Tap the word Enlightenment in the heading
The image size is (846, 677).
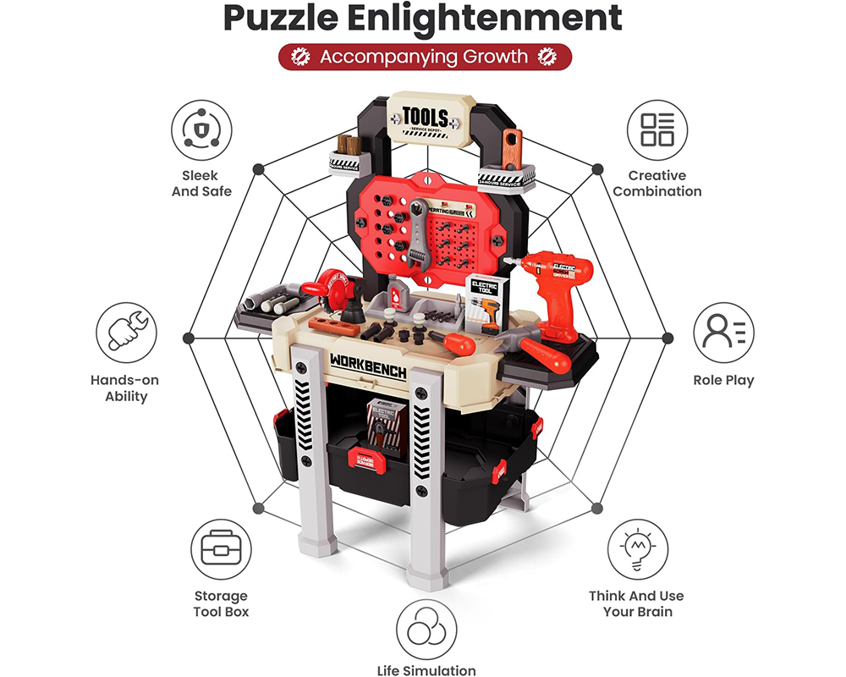[x=499, y=19]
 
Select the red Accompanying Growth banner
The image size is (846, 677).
[x=426, y=58]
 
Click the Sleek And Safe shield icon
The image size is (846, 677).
[x=201, y=130]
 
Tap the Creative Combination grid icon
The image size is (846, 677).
[x=657, y=130]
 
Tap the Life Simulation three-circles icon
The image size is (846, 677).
[x=426, y=630]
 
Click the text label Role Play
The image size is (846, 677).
[x=723, y=381]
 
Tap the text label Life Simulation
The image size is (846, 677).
[x=426, y=670]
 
